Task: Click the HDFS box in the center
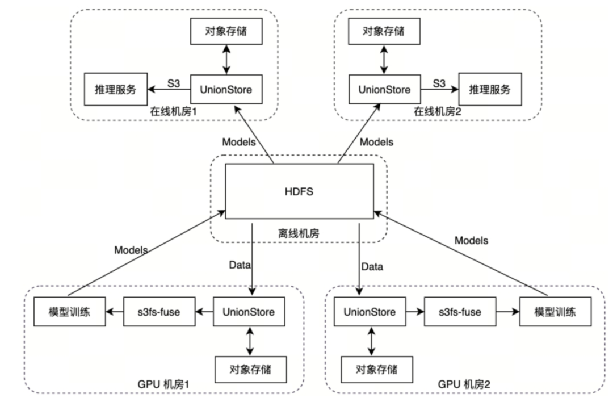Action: tap(300, 191)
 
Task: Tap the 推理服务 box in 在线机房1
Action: tap(115, 89)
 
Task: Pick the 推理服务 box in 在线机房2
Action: tap(489, 89)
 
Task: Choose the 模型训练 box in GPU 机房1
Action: tap(69, 311)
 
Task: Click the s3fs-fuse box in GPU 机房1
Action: tap(159, 311)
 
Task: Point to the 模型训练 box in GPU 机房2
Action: tap(555, 311)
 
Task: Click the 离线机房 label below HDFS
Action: tap(299, 233)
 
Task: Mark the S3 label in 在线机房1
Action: tap(173, 83)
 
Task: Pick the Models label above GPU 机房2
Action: tap(471, 240)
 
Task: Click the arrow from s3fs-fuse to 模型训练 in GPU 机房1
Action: tap(115, 311)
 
